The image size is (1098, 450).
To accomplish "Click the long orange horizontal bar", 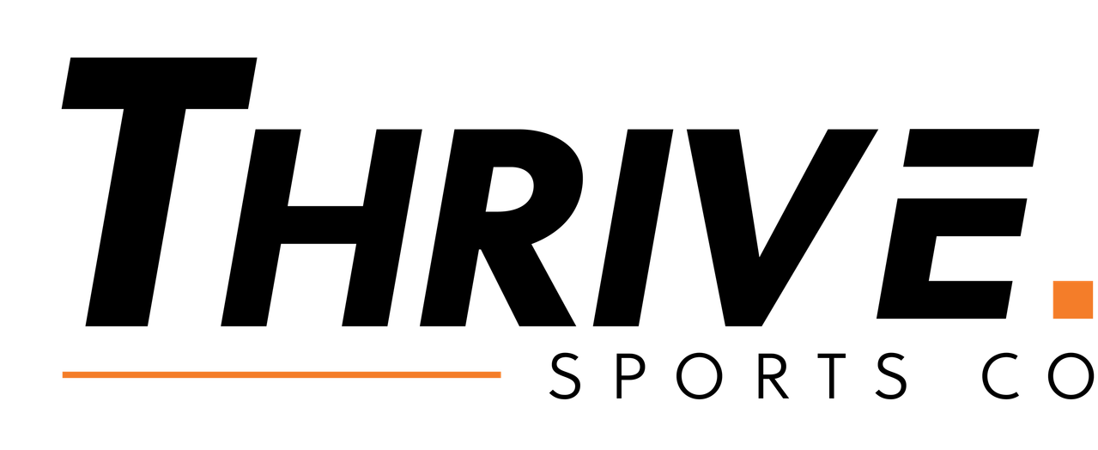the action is (281, 374).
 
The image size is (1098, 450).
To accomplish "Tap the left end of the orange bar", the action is (62, 374).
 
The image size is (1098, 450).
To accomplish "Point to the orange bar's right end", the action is (500, 374).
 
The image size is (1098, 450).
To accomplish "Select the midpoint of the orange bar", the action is (281, 374).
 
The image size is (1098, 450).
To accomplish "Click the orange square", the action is (1073, 301).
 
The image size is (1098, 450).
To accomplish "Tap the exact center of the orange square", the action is (1073, 301).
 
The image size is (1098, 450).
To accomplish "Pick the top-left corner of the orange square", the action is (1053, 282).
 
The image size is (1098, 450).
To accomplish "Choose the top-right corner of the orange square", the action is (1094, 282).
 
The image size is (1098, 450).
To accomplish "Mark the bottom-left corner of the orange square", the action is (1053, 319).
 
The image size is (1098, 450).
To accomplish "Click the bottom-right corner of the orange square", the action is (1094, 319).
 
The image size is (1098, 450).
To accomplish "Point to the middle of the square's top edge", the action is (1073, 282).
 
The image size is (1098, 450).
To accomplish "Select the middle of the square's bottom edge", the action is (1073, 319).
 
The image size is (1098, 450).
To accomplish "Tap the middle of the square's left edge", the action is (1053, 301).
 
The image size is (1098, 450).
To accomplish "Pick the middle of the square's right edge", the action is (1094, 301).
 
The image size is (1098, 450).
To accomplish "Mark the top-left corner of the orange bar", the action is (61, 370).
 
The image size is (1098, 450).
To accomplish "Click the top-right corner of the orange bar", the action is (501, 370).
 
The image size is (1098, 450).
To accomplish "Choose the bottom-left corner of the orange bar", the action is (61, 379).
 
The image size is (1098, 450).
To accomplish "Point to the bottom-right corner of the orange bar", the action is (501, 379).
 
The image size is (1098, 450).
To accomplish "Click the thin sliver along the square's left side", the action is (1052, 301).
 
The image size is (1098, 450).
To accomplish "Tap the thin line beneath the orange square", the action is (1073, 320).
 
